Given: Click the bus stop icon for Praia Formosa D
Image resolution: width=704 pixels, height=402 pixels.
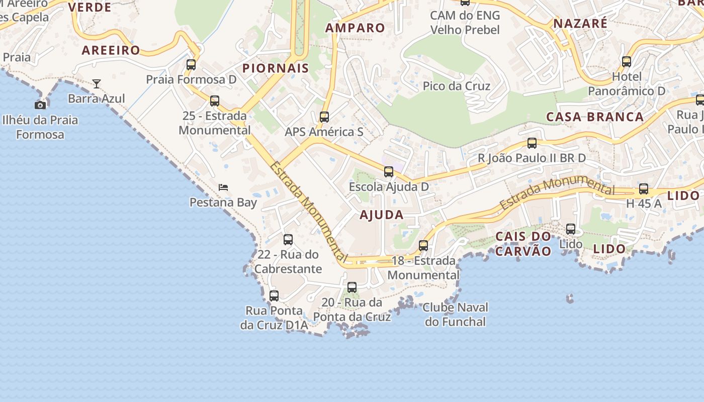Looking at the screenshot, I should click(x=191, y=64).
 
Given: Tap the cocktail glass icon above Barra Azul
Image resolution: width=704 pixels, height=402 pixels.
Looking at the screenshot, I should click(x=97, y=83).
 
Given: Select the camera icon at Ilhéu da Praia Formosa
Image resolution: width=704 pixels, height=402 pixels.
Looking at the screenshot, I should click(x=40, y=105).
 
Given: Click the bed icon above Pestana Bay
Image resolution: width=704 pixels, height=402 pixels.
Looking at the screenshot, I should click(x=223, y=187).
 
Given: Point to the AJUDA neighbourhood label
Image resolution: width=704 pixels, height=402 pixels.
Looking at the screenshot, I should click(x=382, y=215).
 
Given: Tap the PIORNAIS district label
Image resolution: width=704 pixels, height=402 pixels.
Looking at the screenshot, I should click(x=276, y=68).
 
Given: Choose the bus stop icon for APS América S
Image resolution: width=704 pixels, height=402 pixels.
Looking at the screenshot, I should click(x=324, y=117).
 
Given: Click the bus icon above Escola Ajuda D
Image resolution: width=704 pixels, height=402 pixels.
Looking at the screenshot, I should click(x=389, y=172).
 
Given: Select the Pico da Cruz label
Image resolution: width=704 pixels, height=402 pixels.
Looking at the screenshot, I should click(x=457, y=86).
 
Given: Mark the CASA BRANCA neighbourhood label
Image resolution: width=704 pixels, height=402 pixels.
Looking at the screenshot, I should click(x=595, y=117).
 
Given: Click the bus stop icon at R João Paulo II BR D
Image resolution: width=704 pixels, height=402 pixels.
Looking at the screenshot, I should click(x=532, y=143).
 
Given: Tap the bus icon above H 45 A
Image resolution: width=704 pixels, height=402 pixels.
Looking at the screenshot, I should click(x=644, y=189).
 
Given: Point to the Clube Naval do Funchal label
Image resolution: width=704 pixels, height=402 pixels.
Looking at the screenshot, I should click(x=456, y=315).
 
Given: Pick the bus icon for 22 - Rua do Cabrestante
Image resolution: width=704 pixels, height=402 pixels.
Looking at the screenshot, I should click(x=288, y=240).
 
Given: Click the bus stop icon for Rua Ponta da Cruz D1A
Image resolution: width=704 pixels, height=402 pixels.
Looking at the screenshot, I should click(x=274, y=296).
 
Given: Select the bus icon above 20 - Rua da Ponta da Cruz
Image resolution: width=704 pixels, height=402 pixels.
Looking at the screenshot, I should click(x=352, y=287).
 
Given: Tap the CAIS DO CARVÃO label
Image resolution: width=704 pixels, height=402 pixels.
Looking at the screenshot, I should click(x=523, y=244).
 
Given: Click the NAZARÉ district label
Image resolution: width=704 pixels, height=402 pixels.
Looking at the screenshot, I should click(x=580, y=23).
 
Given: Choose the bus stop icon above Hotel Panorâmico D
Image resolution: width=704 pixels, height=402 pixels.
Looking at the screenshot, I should click(x=627, y=62).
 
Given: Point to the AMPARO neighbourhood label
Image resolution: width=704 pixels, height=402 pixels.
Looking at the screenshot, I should click(x=355, y=28).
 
